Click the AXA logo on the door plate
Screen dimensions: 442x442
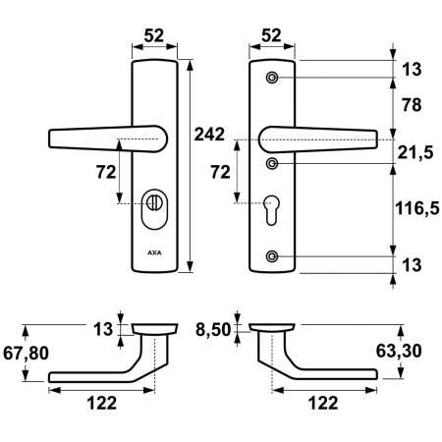[154, 251]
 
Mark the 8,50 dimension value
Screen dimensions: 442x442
[214, 330]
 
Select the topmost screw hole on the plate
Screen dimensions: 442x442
[273, 76]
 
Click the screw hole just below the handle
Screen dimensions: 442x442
[273, 162]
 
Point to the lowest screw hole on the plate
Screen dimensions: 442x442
[273, 257]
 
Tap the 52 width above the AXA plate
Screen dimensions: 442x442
[154, 35]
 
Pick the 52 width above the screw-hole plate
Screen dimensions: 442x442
[273, 35]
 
